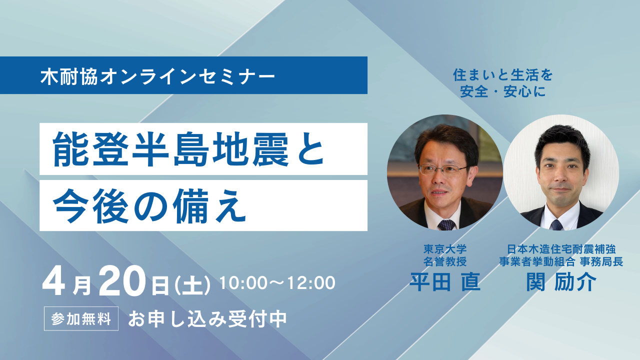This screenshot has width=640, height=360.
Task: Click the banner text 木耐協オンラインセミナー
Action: (157, 76)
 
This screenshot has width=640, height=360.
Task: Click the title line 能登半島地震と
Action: (188, 149)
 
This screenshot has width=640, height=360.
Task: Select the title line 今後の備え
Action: (149, 205)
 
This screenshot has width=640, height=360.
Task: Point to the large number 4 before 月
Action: (53, 281)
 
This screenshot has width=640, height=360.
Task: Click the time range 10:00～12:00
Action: (277, 282)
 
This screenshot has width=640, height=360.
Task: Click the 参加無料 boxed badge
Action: (81, 318)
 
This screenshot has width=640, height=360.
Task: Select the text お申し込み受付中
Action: (207, 318)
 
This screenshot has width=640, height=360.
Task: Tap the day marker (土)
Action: (192, 284)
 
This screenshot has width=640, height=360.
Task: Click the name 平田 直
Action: (445, 281)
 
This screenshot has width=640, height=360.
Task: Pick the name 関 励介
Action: (561, 281)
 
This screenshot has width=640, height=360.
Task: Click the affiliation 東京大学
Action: (445, 249)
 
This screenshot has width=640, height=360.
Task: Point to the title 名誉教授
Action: (445, 261)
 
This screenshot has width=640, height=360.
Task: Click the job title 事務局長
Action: (601, 261)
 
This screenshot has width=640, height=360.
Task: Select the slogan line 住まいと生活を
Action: (503, 75)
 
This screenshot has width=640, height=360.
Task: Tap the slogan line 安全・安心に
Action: (503, 91)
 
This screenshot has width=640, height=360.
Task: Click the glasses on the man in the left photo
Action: (443, 170)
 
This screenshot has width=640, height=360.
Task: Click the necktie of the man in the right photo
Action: (557, 224)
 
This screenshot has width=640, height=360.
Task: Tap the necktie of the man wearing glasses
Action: (446, 225)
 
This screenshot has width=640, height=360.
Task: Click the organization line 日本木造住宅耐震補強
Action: (561, 249)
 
